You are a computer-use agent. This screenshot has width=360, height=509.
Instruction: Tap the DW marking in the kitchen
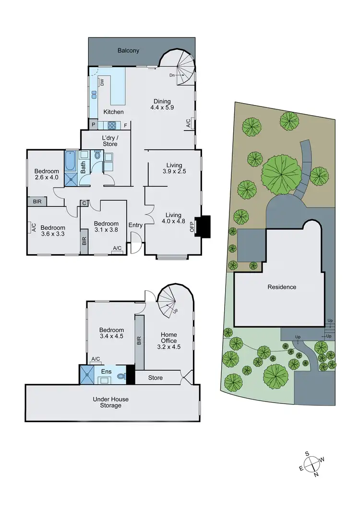point(102,83)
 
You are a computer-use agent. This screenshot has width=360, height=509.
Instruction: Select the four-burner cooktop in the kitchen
point(111,126)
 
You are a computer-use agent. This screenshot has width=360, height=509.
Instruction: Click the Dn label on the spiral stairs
point(172,75)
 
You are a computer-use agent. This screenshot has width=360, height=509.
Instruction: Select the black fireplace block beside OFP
point(204,226)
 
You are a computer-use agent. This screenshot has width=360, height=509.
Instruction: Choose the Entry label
point(136,225)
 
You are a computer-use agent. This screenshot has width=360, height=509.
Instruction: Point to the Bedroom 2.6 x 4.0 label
point(47,175)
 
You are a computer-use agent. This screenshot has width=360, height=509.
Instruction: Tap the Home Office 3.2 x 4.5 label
point(168,338)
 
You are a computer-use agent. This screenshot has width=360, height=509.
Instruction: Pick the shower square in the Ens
point(88,375)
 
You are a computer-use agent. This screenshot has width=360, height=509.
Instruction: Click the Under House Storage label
point(111,402)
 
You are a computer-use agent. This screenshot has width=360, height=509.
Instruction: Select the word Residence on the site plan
point(282,287)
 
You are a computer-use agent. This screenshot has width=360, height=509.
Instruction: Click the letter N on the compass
point(316,475)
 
